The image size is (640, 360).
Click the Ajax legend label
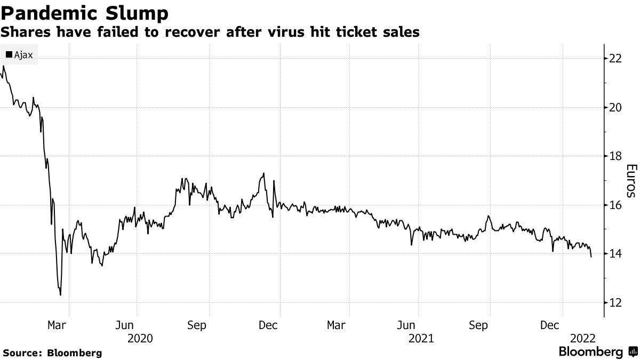23,54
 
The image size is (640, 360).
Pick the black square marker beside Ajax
9,54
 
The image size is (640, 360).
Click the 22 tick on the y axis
616,58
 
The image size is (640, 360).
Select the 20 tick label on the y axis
616,107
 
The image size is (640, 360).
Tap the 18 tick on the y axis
616,156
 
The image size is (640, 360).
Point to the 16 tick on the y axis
616,205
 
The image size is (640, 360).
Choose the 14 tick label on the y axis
616,254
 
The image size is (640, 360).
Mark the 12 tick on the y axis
616,303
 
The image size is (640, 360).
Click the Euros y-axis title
630,180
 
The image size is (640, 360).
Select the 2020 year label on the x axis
140,338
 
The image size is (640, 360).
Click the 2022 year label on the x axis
583,338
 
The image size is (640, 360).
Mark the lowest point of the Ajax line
60,295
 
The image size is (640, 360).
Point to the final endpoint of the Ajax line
591,257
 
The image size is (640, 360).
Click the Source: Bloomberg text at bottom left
52,353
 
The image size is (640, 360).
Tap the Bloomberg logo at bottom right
597,352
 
